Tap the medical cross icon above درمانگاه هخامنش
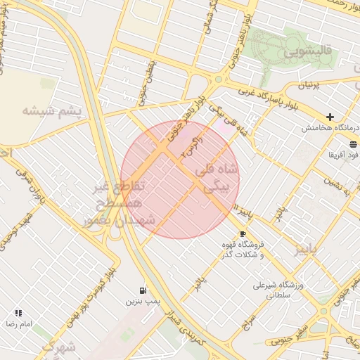coord(330,117)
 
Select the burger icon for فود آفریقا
coord(353,143)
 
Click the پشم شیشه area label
coord(51,111)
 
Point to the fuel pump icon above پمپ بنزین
coord(143,290)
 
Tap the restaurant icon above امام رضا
coord(18,313)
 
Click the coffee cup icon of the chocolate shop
coord(243,233)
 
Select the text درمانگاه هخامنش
coord(330,129)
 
